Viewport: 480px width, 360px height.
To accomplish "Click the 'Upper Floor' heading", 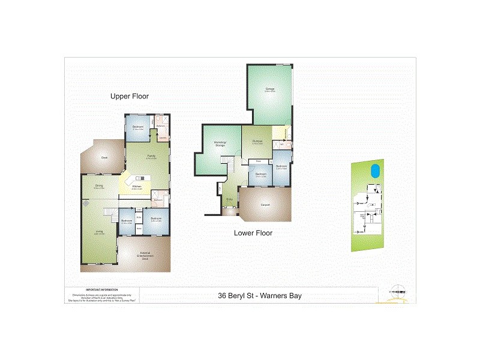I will click(x=129, y=96).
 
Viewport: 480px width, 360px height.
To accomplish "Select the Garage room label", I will click(x=271, y=89).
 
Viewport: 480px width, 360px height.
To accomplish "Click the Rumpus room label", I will click(x=257, y=142).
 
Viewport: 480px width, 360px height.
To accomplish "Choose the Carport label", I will click(x=265, y=205).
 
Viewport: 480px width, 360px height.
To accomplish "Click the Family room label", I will click(x=151, y=156).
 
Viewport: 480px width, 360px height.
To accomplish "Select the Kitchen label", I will click(x=136, y=187).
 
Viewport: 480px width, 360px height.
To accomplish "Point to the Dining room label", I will click(x=98, y=186).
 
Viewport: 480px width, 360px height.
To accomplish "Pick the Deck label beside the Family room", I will click(x=104, y=158).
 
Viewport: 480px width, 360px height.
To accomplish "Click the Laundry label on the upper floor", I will click(x=163, y=137).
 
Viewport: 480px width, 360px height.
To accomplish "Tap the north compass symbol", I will click(x=397, y=290).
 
